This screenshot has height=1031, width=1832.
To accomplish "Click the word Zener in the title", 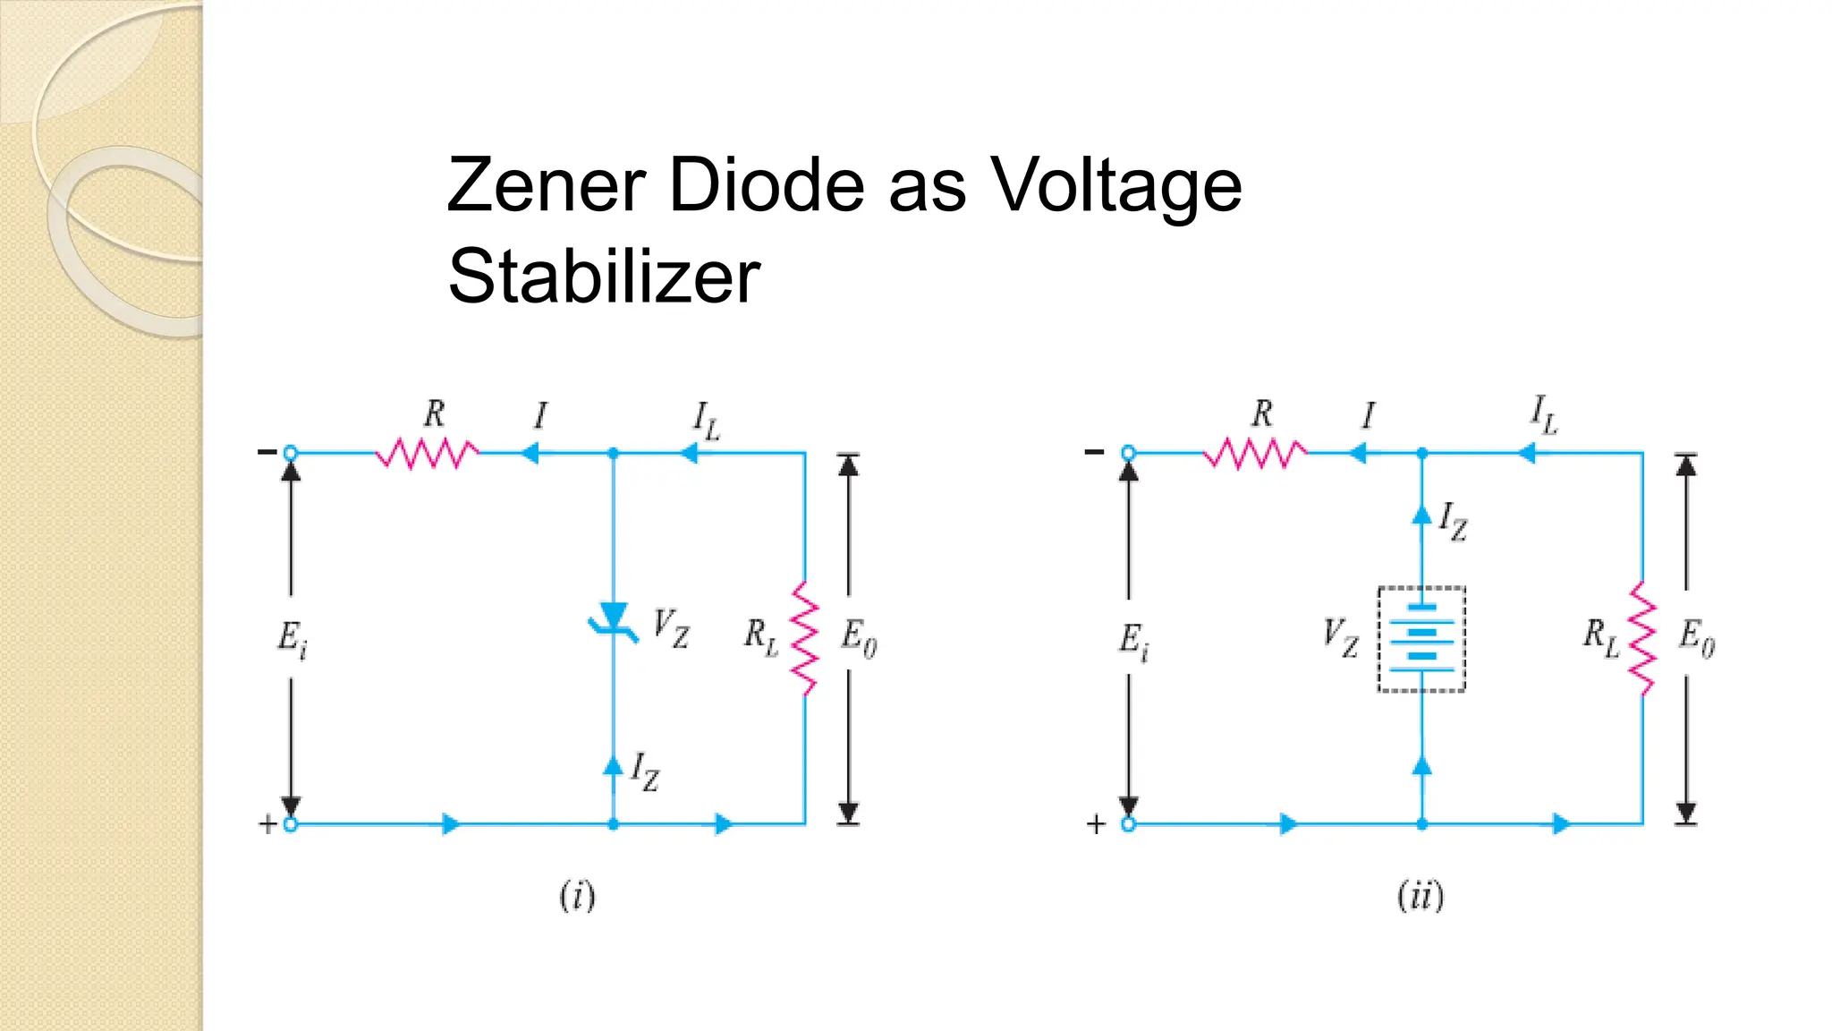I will tap(546, 185).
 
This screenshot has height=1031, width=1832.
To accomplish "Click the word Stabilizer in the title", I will tap(604, 277).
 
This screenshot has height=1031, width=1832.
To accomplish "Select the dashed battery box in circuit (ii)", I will tap(1421, 639).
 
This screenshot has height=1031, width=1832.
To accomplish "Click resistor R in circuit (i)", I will tap(427, 453).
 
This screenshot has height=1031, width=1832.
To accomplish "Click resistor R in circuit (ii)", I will tap(1255, 453).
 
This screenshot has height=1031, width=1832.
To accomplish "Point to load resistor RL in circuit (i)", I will tap(805, 638).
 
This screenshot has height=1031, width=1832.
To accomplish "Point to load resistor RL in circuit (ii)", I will tap(1642, 638).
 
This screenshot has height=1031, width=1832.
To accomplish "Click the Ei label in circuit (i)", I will tap(292, 639).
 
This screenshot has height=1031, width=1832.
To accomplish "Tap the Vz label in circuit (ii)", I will tap(1340, 637).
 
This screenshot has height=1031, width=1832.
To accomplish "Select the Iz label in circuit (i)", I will tap(645, 771).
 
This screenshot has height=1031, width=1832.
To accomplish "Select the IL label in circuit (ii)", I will tap(1544, 414).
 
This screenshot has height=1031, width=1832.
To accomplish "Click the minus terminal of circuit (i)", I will tap(290, 453).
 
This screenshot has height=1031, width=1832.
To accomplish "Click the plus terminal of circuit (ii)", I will tap(1128, 824).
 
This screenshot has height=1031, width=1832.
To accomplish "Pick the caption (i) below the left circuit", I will tap(577, 895).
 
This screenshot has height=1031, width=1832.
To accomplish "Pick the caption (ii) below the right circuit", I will tap(1421, 895).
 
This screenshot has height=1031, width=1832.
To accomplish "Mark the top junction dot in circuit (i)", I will tap(613, 454).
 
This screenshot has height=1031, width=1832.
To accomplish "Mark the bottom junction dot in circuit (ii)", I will tap(1421, 824).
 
